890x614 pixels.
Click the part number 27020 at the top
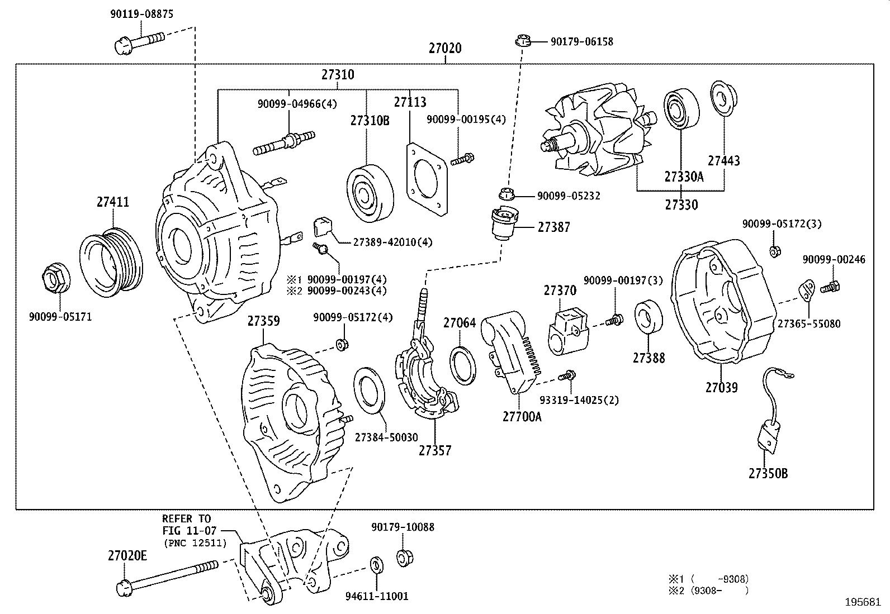(445, 49)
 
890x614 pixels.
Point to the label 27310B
(370, 121)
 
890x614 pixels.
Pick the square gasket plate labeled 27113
(428, 179)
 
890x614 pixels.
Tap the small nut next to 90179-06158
(522, 41)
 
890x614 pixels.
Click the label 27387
(554, 227)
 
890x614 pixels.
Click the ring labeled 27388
(648, 317)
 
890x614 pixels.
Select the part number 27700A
(522, 416)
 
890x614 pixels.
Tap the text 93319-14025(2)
(579, 400)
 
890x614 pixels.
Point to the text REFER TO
(187, 518)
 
